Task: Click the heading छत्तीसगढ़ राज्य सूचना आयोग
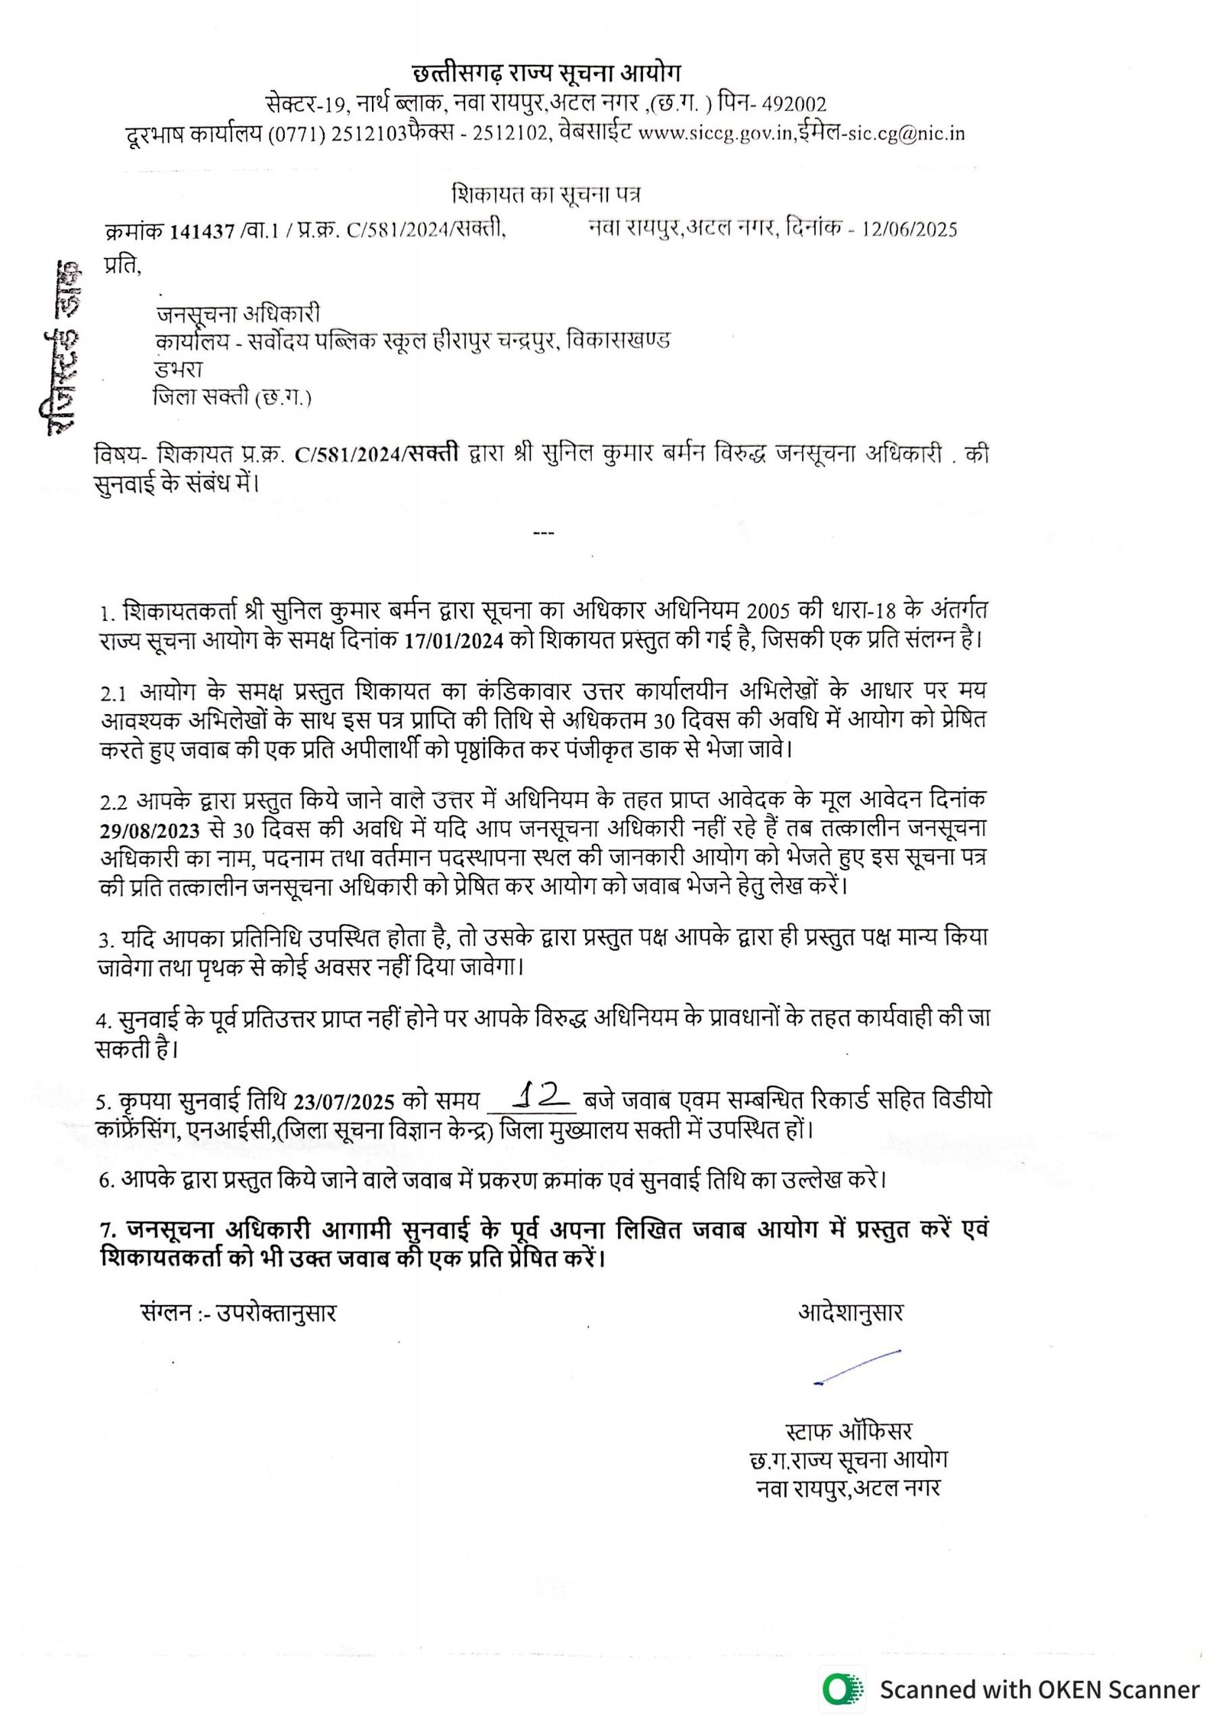[x=545, y=73]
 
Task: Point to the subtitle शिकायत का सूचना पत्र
[x=545, y=195]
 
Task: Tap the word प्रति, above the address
[x=122, y=265]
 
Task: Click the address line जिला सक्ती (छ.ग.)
[x=232, y=397]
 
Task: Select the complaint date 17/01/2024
[x=454, y=640]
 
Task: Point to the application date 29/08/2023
[x=149, y=830]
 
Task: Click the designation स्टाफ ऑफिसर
[x=849, y=1430]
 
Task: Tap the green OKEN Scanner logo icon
[x=842, y=1689]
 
